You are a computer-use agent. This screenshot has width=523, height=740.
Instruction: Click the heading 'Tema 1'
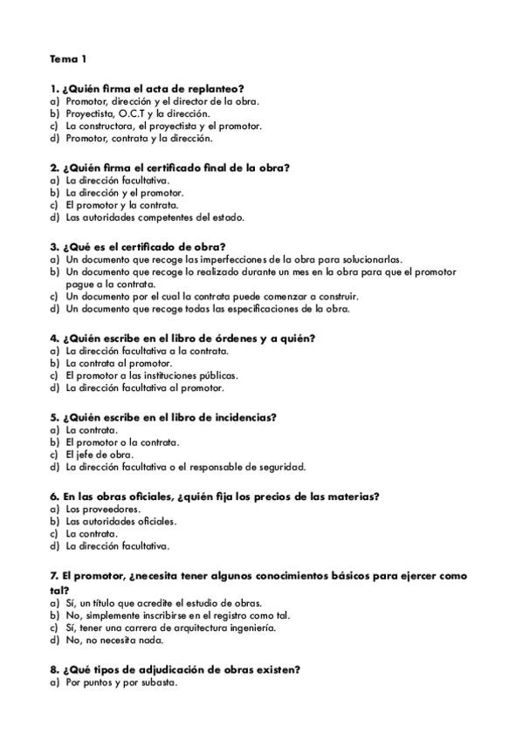69,59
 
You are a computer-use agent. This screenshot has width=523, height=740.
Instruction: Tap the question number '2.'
54,167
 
